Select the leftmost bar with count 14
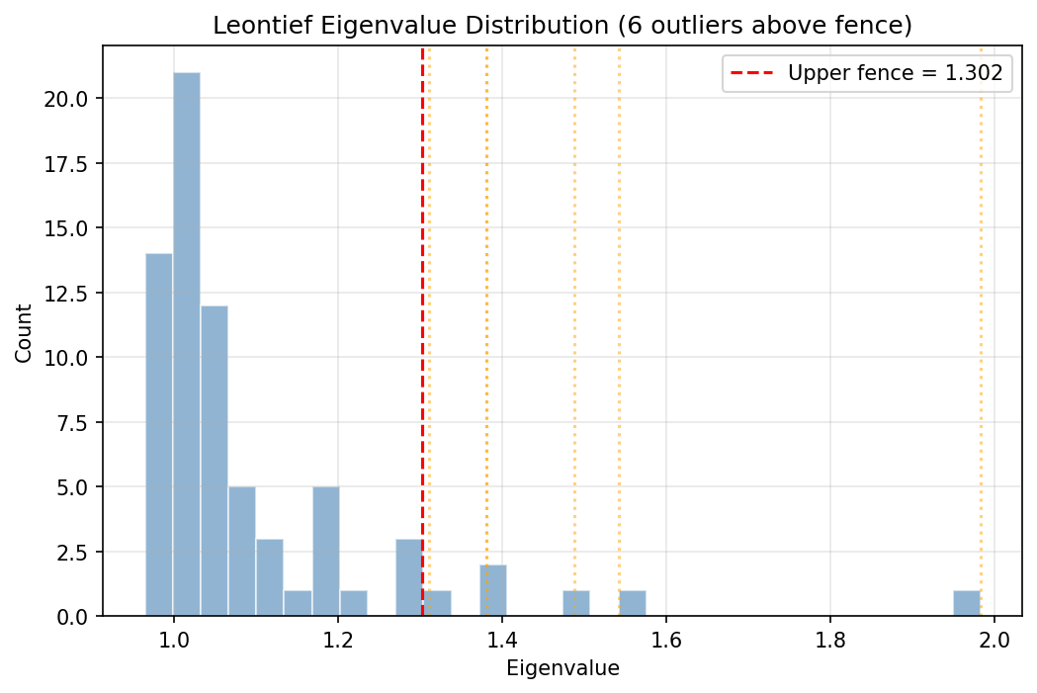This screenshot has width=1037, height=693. click(159, 435)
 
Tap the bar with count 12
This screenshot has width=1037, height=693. click(215, 461)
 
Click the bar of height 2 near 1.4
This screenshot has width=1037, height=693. click(493, 590)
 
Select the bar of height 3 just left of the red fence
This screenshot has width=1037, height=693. click(409, 577)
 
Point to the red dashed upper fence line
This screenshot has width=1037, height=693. click(422, 297)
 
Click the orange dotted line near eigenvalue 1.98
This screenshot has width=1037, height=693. click(981, 297)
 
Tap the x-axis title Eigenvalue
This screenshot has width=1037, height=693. click(562, 668)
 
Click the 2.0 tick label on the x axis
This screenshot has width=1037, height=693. click(994, 639)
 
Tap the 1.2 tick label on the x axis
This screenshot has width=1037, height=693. click(338, 639)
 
